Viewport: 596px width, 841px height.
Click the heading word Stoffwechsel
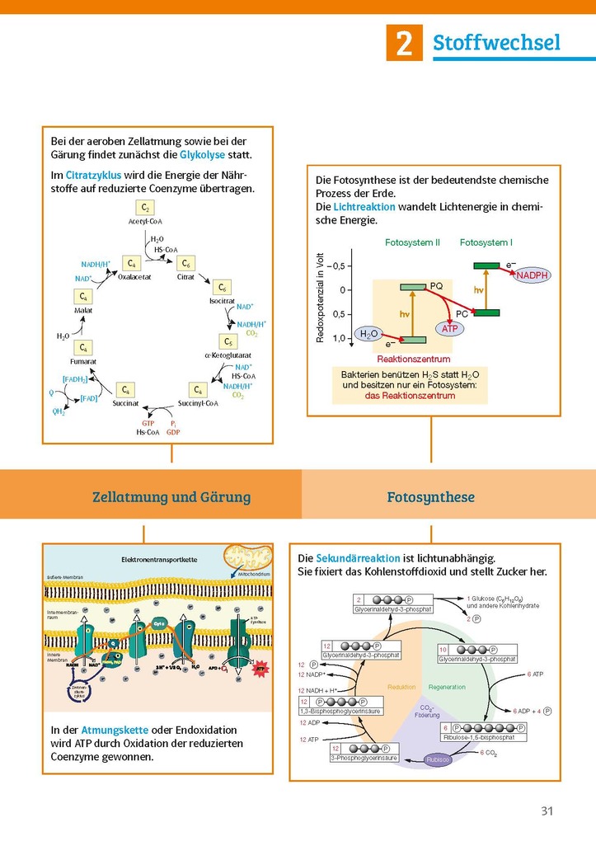pyautogui.click(x=496, y=42)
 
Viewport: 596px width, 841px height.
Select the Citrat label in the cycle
pyautogui.click(x=185, y=278)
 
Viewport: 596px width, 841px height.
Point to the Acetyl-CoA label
pyautogui.click(x=145, y=221)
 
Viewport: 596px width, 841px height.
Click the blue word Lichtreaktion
pyautogui.click(x=364, y=207)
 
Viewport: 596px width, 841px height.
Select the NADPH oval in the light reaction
pyautogui.click(x=533, y=275)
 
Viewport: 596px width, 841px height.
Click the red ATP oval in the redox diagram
pyautogui.click(x=449, y=328)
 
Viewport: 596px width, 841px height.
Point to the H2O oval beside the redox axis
pyautogui.click(x=368, y=333)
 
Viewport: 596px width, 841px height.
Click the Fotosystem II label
pyautogui.click(x=412, y=242)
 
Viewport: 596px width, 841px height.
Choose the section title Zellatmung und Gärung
pyautogui.click(x=171, y=497)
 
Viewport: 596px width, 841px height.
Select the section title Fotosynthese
pyautogui.click(x=430, y=497)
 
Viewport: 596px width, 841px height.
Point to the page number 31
pyautogui.click(x=546, y=810)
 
